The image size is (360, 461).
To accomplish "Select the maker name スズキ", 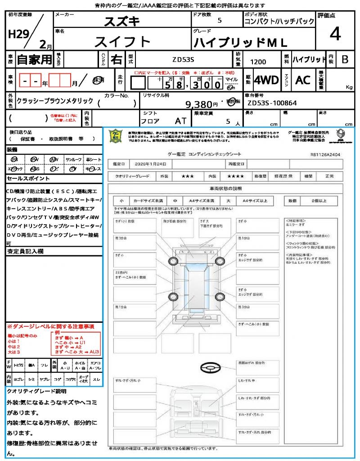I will pyautogui.click(x=122, y=21).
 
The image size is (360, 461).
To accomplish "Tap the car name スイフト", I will pyautogui.click(x=122, y=42).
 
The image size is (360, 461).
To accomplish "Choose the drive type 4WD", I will pyautogui.click(x=266, y=80).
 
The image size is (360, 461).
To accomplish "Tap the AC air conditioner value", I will pyautogui.click(x=302, y=80).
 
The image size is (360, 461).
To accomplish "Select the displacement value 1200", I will pyautogui.click(x=258, y=62).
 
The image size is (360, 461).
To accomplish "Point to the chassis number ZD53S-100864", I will pyautogui.click(x=272, y=103).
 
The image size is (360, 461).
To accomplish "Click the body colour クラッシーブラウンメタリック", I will pyautogui.click(x=55, y=101).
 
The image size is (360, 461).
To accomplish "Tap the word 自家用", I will pyautogui.click(x=34, y=59).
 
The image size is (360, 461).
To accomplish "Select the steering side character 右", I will pyautogui.click(x=116, y=59).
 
